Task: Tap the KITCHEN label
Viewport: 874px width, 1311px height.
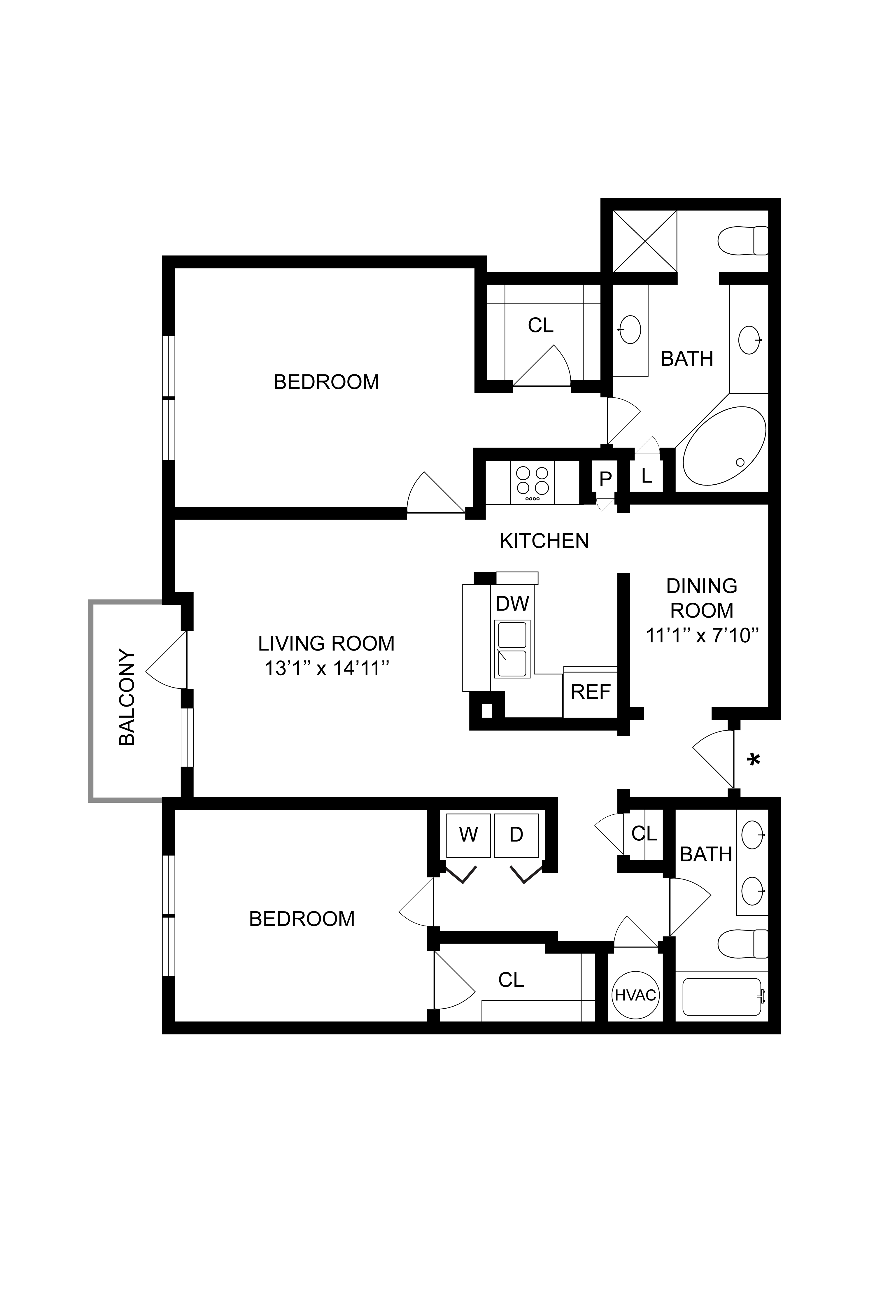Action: [544, 541]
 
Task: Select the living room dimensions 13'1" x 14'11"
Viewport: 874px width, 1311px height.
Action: [326, 668]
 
